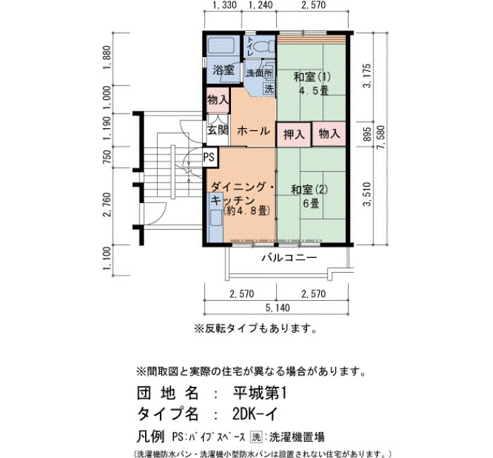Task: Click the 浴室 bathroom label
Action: tap(223, 70)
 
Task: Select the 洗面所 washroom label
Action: tap(259, 73)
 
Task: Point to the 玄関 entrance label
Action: tap(218, 130)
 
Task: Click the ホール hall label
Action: tap(254, 130)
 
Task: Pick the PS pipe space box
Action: tap(208, 156)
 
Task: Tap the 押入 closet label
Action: tap(294, 135)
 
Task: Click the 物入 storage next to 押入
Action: tap(329, 134)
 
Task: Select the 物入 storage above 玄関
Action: tap(218, 100)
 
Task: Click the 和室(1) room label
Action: tap(312, 77)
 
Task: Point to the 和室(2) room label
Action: tap(310, 190)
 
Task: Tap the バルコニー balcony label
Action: tap(289, 259)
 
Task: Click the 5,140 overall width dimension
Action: tap(277, 308)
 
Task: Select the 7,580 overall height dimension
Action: tap(381, 138)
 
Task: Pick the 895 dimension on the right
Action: tap(367, 134)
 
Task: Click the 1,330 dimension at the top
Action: tap(225, 6)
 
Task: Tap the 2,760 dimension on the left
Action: tap(107, 204)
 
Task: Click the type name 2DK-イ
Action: tap(255, 414)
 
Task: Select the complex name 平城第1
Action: tap(260, 393)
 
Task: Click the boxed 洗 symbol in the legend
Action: tap(256, 437)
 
